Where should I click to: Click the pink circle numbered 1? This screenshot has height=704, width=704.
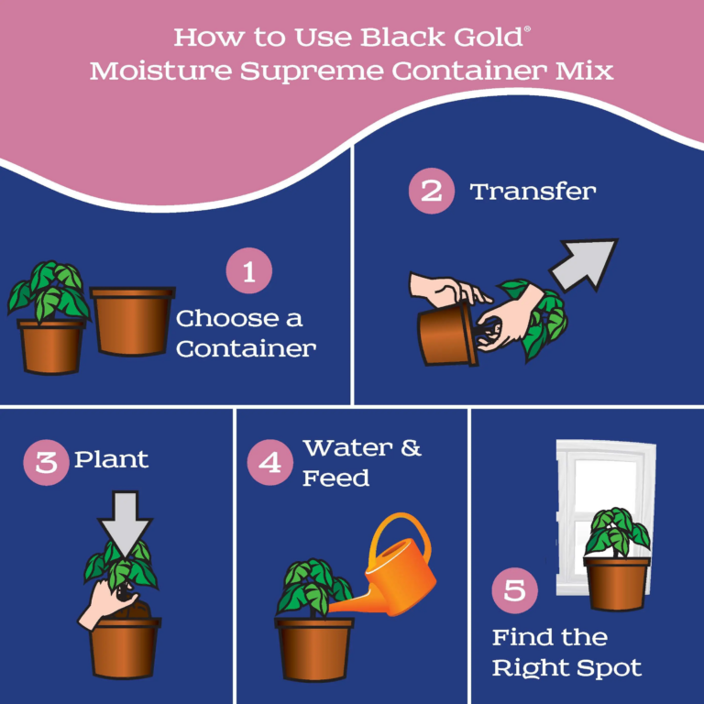[248, 270]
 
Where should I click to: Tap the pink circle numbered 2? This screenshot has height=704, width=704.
[432, 191]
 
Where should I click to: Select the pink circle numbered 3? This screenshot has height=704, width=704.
[46, 462]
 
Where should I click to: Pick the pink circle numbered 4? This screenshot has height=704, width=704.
[270, 462]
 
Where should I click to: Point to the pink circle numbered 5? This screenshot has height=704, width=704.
[514, 590]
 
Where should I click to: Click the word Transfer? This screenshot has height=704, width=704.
[533, 192]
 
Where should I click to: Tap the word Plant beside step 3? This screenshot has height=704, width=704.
[111, 460]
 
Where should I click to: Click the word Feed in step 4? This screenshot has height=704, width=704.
[335, 478]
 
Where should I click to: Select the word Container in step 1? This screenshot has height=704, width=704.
[246, 349]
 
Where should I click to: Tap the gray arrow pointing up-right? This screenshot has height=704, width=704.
[583, 264]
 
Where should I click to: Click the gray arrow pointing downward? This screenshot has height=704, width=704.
[126, 524]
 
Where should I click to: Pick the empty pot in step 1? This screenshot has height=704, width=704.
[132, 321]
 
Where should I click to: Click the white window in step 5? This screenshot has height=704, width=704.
[604, 516]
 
